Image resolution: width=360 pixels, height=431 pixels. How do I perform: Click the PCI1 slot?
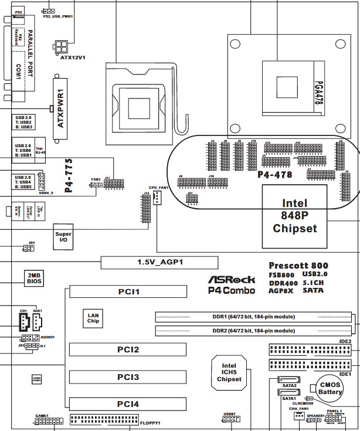pyautogui.click(x=128, y=291)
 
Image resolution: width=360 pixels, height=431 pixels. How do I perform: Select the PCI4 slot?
pyautogui.click(x=128, y=404)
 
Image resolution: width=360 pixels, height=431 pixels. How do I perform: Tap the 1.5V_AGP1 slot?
pyautogui.click(x=159, y=262)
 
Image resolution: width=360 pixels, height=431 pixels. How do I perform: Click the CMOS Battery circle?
pyautogui.click(x=330, y=389)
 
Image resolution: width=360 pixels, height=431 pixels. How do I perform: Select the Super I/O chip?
pyautogui.click(x=63, y=237)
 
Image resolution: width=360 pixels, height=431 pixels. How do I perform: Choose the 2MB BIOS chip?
pyautogui.click(x=34, y=278)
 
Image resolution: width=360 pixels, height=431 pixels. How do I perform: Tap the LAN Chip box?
pyautogui.click(x=93, y=317)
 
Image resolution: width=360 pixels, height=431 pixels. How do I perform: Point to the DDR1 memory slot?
pyautogui.click(x=254, y=317)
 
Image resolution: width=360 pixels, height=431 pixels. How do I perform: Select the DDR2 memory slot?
pyautogui.click(x=254, y=331)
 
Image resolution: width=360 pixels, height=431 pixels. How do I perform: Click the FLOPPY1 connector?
pyautogui.click(x=104, y=420)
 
